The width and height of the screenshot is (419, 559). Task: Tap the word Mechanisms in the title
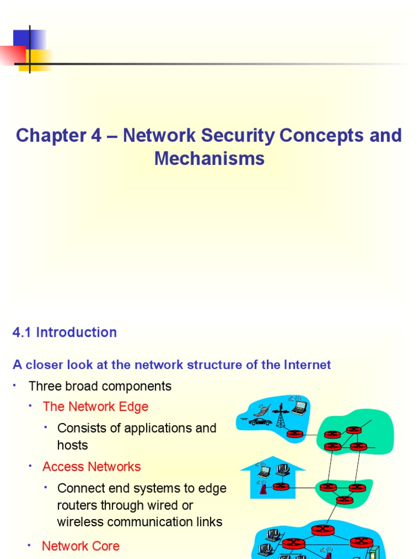pos(209,158)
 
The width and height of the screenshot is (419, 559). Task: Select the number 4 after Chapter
pos(96,135)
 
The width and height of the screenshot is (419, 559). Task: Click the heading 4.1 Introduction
pos(64,332)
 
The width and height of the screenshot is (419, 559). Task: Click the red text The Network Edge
pos(95,407)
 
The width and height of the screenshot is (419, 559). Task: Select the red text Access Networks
pos(91,467)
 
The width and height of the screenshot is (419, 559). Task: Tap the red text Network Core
pos(80,546)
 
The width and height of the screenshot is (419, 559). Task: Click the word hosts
pos(72,445)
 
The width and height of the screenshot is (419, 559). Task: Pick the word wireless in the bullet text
pos(78,522)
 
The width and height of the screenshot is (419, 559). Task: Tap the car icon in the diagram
pos(260,421)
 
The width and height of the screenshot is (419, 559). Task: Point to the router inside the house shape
pos(280,486)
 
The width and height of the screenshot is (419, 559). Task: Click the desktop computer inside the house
pos(282,469)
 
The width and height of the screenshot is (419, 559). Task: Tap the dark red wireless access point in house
pos(263,487)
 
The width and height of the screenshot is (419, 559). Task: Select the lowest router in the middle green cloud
pos(344,499)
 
